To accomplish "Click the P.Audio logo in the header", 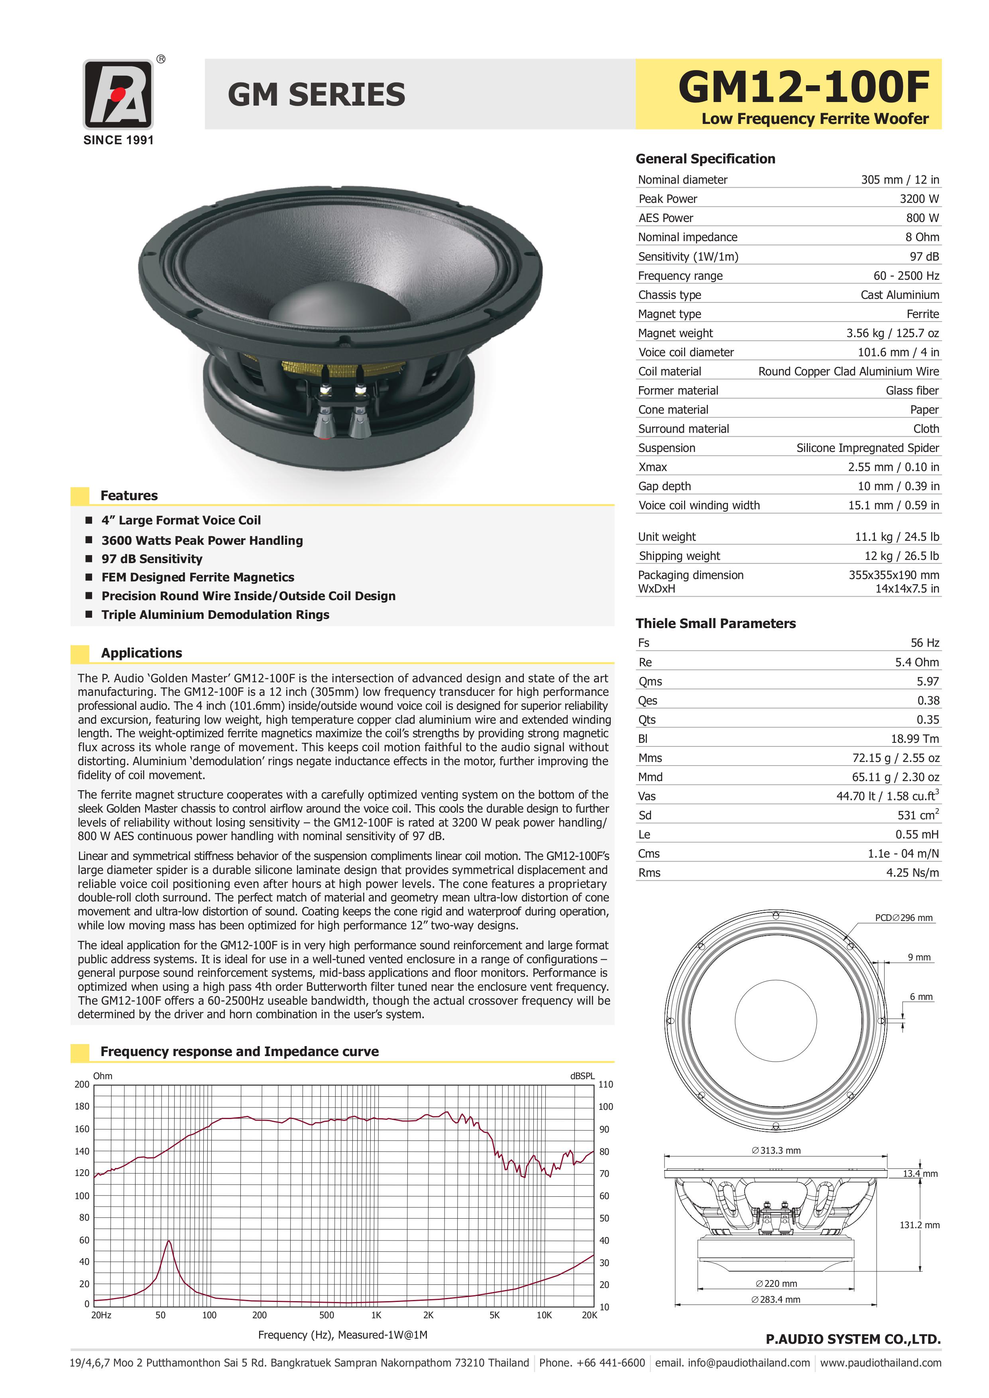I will point(118,94).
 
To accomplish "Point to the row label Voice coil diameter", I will point(686,352).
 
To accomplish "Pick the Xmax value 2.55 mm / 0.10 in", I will point(893,467).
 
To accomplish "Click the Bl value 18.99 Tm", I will point(915,738).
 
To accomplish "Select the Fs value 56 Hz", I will point(924,642).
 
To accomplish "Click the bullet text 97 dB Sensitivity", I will point(151,559).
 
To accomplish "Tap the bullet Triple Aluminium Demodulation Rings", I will point(215,615).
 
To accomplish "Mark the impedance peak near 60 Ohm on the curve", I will point(169,1241).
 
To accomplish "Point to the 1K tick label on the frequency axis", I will point(376,1315).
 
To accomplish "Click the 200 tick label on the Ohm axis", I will point(82,1084).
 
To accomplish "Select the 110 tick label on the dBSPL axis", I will point(606,1084).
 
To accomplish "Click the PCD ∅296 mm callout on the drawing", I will point(903,918).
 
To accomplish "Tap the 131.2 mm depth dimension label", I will point(919,1225).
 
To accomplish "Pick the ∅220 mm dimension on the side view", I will point(777,1284).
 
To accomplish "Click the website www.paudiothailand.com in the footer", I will point(880,1363).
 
